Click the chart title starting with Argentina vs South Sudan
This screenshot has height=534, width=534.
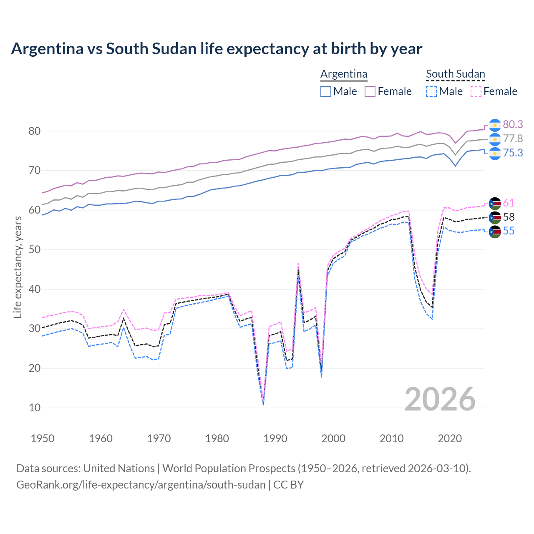click(x=217, y=49)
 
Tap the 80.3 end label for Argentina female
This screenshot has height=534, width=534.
click(x=513, y=124)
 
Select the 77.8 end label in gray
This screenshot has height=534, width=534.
click(x=513, y=139)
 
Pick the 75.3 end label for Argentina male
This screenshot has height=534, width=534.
click(x=513, y=153)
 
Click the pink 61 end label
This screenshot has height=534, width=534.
click(x=509, y=203)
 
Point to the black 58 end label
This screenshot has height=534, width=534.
click(x=509, y=217)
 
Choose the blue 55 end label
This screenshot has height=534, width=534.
click(x=509, y=231)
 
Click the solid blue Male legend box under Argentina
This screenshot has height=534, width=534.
click(x=326, y=91)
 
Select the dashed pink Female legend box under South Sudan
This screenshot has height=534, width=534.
click(x=476, y=91)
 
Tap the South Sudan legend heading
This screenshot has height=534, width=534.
click(x=455, y=74)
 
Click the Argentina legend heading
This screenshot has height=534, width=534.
click(x=344, y=74)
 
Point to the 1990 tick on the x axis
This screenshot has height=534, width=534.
click(x=275, y=438)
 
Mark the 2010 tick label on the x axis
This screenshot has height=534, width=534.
click(x=391, y=438)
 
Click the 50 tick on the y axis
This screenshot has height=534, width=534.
click(x=35, y=249)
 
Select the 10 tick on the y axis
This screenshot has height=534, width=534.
click(x=35, y=408)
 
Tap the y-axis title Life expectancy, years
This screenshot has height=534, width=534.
click(x=18, y=267)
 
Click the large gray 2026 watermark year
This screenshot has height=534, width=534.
click(x=440, y=399)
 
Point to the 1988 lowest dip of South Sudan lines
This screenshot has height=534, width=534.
click(x=263, y=403)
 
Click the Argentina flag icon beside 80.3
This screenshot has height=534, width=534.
click(x=495, y=125)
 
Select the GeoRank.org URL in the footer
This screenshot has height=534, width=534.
click(x=141, y=485)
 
